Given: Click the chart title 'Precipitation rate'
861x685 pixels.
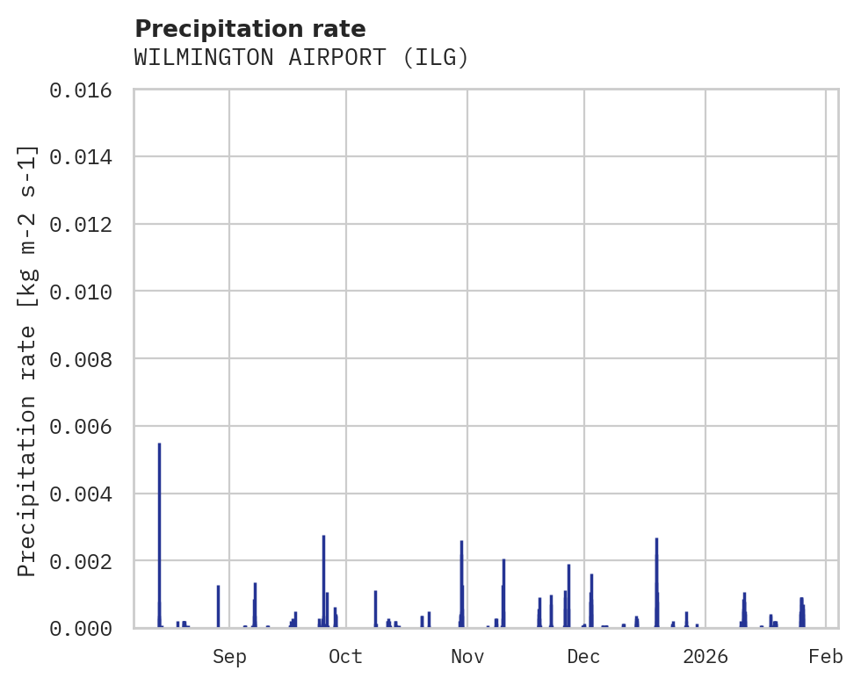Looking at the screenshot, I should coord(250,28).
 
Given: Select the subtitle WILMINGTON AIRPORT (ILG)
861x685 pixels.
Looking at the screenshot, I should coord(301,58).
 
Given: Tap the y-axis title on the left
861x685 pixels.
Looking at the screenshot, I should coord(28,360).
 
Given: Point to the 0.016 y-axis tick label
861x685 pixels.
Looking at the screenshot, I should coord(86,90).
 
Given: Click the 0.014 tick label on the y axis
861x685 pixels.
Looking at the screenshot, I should coord(86,157).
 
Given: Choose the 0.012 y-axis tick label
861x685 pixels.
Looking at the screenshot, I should coord(86,224).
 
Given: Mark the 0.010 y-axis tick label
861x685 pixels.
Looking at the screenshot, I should coord(86,292).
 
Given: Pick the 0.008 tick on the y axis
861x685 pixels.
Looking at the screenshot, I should coord(86,359).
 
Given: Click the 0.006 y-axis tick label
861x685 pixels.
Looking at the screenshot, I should coord(86,426).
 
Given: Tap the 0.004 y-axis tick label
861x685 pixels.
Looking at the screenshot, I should coord(86,494).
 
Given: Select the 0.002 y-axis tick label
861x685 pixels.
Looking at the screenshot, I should coord(86,560).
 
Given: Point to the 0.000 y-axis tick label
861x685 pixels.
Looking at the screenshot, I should coord(86,628).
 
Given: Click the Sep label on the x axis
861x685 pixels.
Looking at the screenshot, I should coord(229,656).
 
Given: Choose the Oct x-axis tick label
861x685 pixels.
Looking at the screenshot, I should coord(346,656).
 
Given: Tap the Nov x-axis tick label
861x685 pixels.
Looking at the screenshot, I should coord(467,656).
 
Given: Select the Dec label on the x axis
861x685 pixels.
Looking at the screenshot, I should coord(583,656).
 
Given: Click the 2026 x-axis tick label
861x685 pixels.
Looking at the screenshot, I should coord(705,656).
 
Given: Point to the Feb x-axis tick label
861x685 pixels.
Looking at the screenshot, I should coord(826,656).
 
